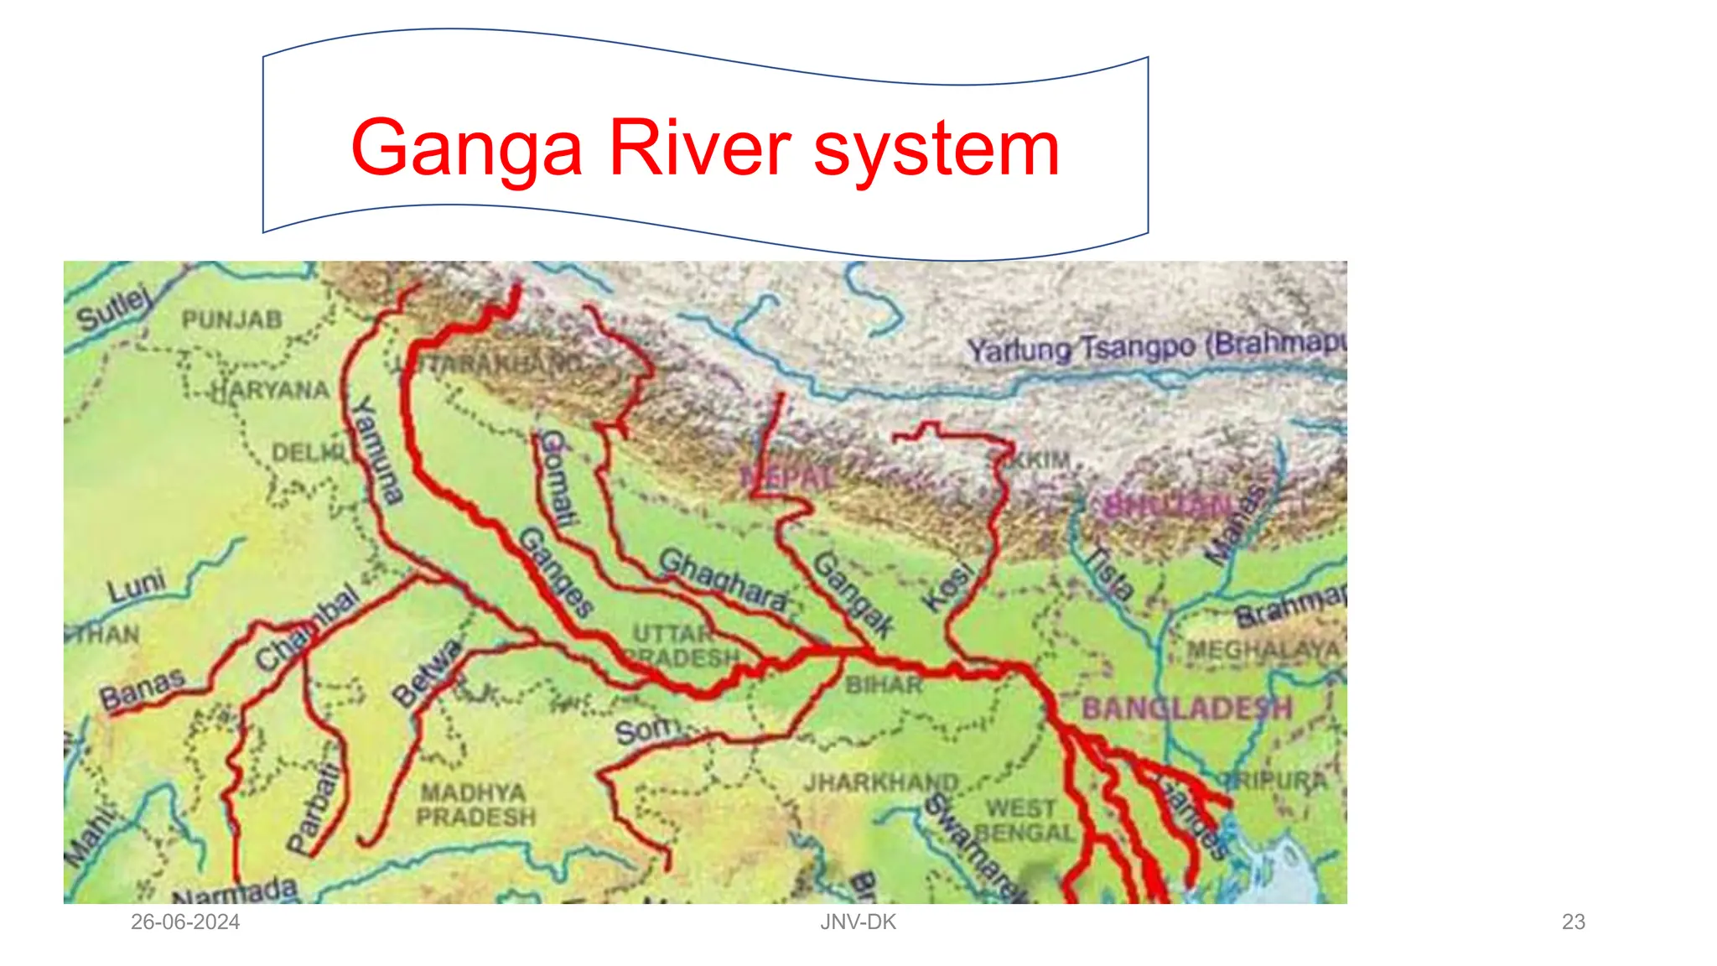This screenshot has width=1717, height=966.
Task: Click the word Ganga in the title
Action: (466, 149)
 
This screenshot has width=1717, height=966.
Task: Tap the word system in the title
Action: (936, 149)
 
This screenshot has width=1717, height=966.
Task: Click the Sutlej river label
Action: (114, 309)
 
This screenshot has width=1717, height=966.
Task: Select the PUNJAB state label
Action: (232, 319)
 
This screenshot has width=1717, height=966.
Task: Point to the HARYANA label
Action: (270, 390)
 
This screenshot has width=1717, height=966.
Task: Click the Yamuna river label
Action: (376, 450)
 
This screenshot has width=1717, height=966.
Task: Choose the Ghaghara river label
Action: (723, 579)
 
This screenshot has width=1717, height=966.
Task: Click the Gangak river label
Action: (853, 594)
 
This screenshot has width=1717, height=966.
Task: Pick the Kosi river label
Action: (948, 586)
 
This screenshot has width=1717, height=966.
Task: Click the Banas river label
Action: (142, 689)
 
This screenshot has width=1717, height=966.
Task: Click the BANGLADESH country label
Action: (1186, 709)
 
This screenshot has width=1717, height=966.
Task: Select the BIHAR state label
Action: (884, 685)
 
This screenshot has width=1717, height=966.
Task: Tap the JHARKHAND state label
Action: (881, 783)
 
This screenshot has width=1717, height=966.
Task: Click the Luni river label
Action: (137, 586)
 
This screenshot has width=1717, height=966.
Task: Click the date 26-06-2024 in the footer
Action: (185, 922)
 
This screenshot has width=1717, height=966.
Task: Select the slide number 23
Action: (1573, 922)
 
